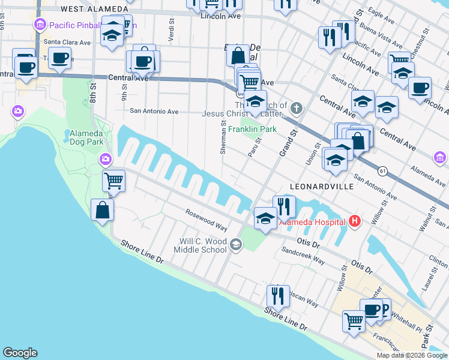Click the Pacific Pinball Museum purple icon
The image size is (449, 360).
[40, 25]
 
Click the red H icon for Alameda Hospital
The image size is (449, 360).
[355, 221]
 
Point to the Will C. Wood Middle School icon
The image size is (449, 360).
[236, 244]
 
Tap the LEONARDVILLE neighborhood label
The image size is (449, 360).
[318, 187]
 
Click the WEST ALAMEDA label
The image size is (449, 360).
[94, 9]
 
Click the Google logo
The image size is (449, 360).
[20, 353]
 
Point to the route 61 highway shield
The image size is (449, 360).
[382, 171]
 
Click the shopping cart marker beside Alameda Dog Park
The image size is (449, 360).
[113, 179]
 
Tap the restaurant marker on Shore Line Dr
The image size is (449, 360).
[278, 295]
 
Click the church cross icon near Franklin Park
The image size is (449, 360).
[295, 109]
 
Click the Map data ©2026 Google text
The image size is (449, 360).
[411, 355]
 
